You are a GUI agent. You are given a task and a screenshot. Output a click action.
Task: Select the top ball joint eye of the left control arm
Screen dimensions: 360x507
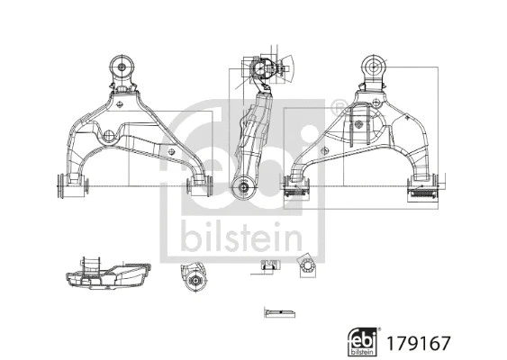point(122,67)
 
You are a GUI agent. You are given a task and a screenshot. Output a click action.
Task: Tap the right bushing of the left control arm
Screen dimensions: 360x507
point(196,185)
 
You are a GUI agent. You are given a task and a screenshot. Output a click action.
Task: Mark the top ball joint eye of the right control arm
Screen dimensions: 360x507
point(372,67)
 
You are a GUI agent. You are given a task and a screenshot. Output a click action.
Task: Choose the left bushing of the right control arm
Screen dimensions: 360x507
point(296,186)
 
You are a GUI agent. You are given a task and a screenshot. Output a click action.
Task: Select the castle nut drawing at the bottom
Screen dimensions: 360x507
point(304,265)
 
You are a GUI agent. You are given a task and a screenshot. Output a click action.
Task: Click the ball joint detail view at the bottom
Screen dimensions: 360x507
point(195,277)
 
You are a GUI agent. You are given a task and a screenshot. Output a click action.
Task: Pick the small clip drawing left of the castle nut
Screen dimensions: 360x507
point(267,265)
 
